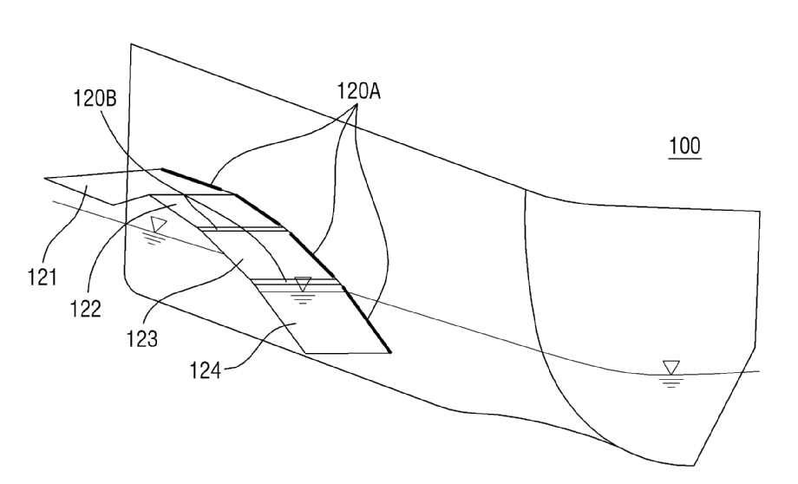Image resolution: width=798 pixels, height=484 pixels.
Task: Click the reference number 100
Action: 685,148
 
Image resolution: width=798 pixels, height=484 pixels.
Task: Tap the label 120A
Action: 358,90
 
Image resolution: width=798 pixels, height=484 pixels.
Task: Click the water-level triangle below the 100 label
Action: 670,368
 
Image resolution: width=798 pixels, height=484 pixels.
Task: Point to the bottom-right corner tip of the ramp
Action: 390,352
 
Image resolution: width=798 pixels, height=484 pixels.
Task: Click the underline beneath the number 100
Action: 685,160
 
